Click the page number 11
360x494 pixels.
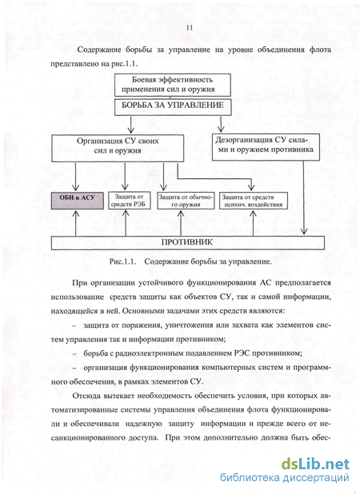tap(189, 28)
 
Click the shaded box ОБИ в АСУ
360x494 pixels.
tap(78, 201)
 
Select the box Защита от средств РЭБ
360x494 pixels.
tap(129, 201)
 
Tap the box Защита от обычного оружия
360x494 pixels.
tap(186, 201)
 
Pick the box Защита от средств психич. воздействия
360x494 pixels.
tap(254, 201)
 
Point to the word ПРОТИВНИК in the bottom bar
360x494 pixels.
tap(187, 242)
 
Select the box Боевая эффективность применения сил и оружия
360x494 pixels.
tap(173, 85)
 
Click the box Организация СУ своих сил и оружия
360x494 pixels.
tap(118, 148)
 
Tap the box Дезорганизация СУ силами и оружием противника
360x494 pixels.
tap(266, 147)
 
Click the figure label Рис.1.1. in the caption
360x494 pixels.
tap(122, 261)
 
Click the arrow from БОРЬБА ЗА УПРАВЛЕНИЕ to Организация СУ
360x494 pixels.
tap(131, 125)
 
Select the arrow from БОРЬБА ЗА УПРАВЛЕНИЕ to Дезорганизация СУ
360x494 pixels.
tap(221, 124)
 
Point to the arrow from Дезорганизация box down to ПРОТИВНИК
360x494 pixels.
tap(303, 197)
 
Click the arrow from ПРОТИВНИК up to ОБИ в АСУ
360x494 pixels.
tap(76, 223)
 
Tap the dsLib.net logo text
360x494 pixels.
tap(315, 464)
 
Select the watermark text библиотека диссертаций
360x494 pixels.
tap(285, 478)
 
